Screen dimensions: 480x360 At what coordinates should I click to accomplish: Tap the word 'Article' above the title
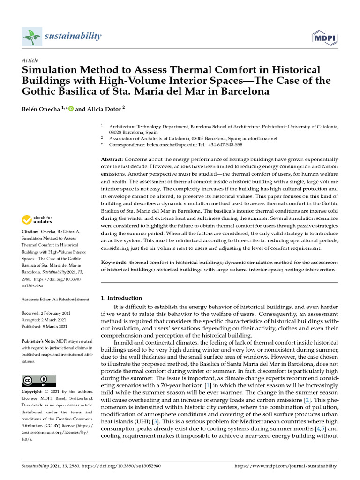[x=30, y=60]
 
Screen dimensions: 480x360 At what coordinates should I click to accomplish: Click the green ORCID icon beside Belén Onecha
[x=71, y=109]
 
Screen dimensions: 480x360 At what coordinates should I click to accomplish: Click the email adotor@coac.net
[x=261, y=138]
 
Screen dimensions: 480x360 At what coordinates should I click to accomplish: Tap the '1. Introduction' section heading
[x=121, y=298]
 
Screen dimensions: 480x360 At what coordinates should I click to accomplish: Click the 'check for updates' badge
[x=38, y=219]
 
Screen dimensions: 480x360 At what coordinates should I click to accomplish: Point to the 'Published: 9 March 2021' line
[x=45, y=326]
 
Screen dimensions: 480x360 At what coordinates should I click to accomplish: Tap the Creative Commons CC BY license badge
[x=38, y=380]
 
